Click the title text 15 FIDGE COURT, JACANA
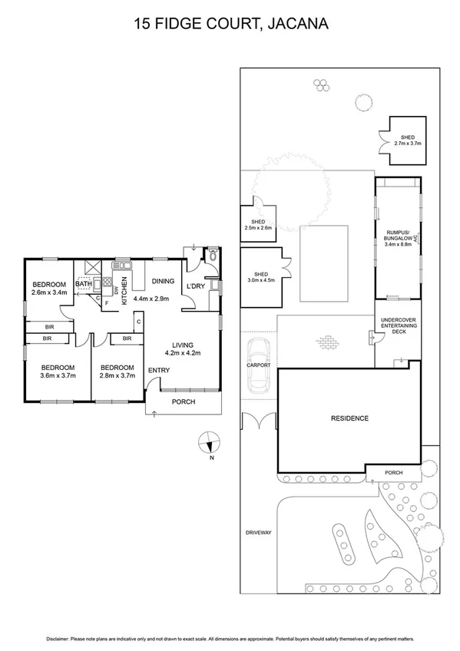(230, 25)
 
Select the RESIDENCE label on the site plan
(349, 418)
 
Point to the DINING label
(163, 281)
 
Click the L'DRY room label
(195, 286)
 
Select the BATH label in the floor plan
(84, 283)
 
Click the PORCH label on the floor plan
(183, 402)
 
